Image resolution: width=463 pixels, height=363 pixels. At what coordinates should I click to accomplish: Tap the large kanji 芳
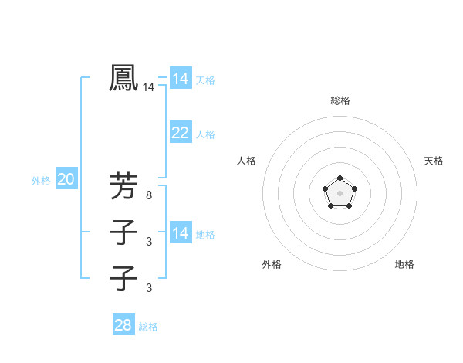123,186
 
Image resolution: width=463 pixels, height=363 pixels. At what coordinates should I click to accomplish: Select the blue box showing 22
181,133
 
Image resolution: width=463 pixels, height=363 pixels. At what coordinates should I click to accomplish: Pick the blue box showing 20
66,180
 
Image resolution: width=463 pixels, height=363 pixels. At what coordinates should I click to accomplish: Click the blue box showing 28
123,325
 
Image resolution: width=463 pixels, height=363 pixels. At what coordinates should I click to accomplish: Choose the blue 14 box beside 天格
181,79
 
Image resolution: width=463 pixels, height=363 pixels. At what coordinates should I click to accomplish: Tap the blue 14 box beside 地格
181,233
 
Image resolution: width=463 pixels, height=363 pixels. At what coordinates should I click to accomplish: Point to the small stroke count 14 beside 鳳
148,88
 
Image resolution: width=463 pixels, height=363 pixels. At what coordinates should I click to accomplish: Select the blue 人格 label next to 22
205,134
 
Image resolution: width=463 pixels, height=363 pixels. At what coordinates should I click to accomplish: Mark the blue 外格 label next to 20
41,181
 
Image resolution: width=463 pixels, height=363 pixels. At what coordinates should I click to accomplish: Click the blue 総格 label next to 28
148,327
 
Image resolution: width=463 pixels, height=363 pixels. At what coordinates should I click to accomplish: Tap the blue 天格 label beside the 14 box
205,80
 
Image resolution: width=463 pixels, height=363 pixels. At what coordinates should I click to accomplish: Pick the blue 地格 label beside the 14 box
205,235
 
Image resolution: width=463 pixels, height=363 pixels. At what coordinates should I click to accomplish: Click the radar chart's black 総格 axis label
340,100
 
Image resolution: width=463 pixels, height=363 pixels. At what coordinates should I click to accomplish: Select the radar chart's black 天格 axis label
434,161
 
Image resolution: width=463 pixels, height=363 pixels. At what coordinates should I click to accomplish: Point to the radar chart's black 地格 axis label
404,264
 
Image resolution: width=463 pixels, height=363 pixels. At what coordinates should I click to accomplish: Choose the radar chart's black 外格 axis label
272,264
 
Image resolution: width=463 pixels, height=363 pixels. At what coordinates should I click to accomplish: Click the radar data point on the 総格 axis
340,179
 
